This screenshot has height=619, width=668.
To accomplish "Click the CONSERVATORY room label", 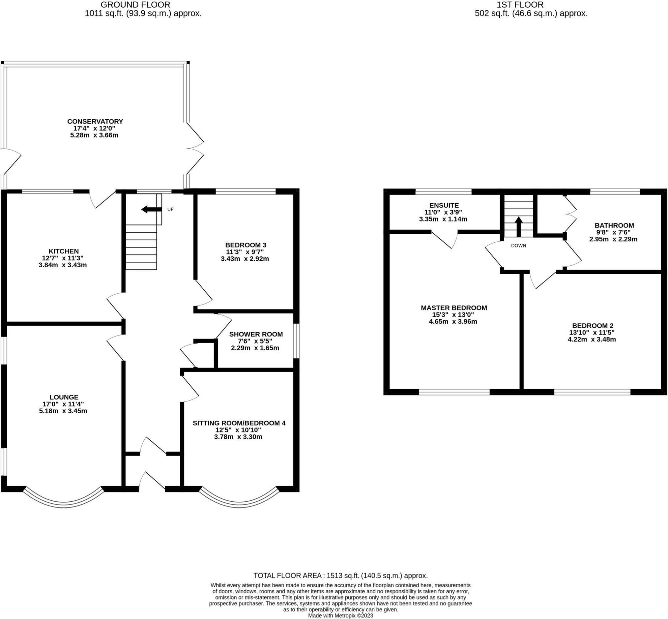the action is coord(95,121).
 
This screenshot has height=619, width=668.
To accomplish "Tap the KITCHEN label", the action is coord(64,251).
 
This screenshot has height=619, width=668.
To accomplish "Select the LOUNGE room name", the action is coord(64,397).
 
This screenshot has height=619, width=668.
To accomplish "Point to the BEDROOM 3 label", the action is coord(245,245).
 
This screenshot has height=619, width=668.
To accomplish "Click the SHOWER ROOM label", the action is coord(256,334).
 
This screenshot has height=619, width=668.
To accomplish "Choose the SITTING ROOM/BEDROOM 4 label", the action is coord(239,423).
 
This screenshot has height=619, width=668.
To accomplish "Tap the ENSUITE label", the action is coord(444,205).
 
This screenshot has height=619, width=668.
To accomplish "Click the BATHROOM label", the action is coord(615,225).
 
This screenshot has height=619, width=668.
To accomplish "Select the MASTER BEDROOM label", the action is coord(454,307).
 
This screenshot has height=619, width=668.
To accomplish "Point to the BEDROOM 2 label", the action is coord(593,325).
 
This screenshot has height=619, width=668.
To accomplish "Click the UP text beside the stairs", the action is coord(170,209).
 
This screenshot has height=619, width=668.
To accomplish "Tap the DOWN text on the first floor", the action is coord(519,245).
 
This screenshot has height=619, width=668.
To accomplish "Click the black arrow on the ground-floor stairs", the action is coord(151,210).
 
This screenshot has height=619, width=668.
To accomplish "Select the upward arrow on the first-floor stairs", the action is coord(518,227).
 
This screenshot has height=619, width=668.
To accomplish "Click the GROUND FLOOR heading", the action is coord(135,5).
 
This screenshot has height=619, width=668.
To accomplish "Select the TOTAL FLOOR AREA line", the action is coord(341,576).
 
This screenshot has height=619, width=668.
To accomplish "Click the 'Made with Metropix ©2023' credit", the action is coord(340,615).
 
